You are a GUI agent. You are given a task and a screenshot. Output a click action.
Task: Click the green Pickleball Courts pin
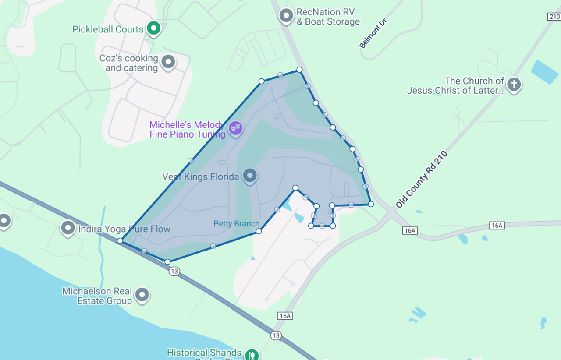153,28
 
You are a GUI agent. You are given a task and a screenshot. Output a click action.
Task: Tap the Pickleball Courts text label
108,29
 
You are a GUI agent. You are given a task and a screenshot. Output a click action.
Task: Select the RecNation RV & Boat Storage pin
286,16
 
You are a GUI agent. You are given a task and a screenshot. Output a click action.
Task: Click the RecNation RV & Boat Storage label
328,17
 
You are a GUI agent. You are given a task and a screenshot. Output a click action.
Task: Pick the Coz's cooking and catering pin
168,62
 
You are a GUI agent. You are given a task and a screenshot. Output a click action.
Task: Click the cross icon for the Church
514,84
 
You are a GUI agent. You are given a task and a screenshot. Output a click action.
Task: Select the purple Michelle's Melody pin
236,128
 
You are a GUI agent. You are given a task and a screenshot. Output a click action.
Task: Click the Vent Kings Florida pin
250,176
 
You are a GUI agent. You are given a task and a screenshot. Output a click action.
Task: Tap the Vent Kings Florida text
200,177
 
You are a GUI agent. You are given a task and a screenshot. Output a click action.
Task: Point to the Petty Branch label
236,224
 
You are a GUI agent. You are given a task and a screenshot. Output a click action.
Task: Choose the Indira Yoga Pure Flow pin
68,227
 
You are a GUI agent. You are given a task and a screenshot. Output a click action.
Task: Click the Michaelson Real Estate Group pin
142,295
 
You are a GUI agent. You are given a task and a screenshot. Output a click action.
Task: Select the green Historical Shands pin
251,353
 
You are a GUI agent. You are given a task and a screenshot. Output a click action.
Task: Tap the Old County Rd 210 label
422,180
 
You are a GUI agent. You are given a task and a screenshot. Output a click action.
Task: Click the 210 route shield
554,17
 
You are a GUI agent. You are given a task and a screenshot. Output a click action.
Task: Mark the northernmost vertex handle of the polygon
299,70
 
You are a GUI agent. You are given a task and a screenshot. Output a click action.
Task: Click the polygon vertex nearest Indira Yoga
120,241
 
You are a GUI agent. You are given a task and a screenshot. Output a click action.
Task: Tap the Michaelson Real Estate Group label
97,296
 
